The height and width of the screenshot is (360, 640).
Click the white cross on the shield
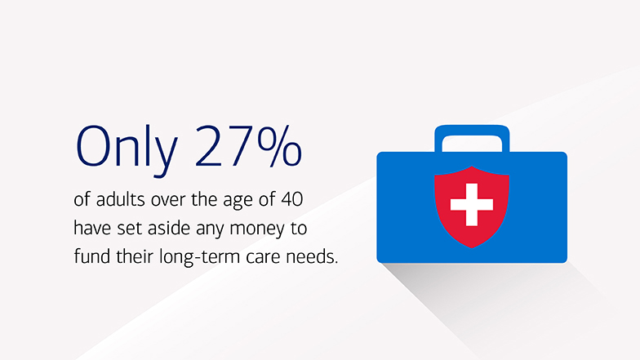pos(471,204)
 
